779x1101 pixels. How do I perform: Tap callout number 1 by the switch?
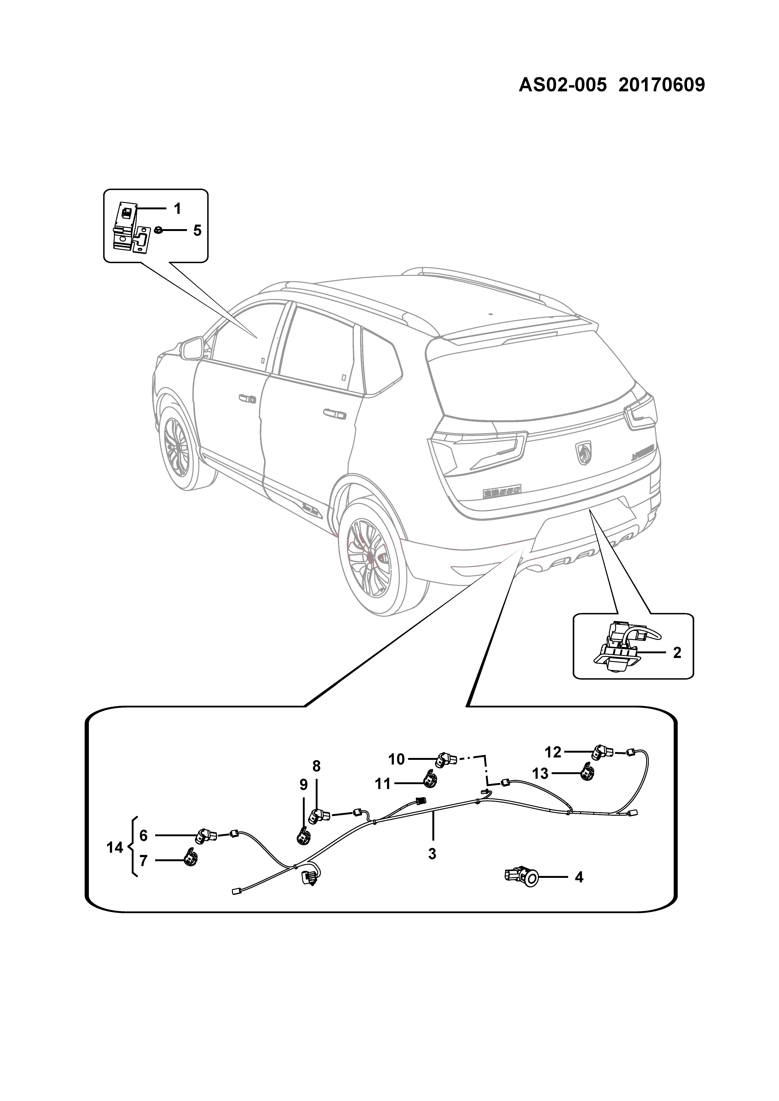(x=177, y=209)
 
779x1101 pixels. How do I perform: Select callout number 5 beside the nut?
(x=197, y=231)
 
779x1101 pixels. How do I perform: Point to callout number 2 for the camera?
(x=677, y=652)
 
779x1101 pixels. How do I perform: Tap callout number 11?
(x=383, y=784)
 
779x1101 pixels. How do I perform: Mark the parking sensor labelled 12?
(x=603, y=752)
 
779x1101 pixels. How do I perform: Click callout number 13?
(x=540, y=773)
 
